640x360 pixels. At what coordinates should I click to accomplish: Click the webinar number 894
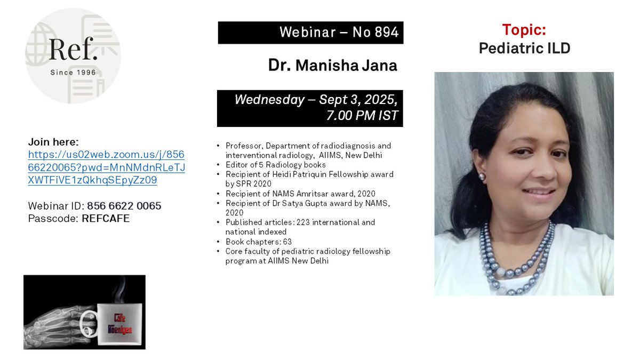point(386,33)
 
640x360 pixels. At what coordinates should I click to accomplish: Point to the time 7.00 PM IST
point(362,115)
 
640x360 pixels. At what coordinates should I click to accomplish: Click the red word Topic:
point(523,31)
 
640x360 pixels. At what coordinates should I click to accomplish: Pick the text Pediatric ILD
point(524,49)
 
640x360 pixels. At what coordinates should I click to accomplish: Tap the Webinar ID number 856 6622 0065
point(122,206)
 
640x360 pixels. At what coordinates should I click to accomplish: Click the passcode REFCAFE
point(106,218)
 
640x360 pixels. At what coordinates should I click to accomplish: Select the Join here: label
point(53,142)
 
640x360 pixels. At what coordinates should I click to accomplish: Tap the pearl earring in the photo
point(482,177)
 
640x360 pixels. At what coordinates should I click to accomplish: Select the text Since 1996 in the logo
point(73,72)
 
